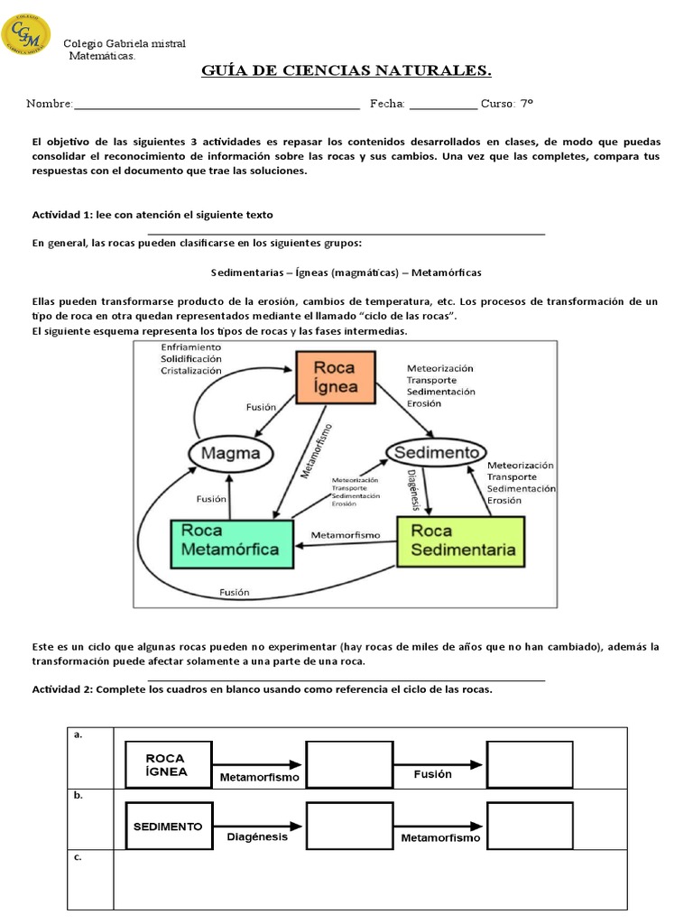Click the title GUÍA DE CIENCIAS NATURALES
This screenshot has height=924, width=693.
point(346,71)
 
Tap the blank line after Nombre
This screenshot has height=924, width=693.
point(217,106)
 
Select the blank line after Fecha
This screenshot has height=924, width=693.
point(443,106)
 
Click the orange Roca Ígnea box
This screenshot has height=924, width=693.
point(335,377)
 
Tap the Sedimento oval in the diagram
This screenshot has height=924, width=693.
point(436,451)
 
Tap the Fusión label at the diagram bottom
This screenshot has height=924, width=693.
point(234,593)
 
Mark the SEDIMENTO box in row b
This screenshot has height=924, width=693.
point(168,825)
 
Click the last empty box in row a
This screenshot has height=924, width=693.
point(530,764)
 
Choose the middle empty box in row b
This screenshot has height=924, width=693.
point(349,825)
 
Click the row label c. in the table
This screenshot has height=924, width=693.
point(79,857)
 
